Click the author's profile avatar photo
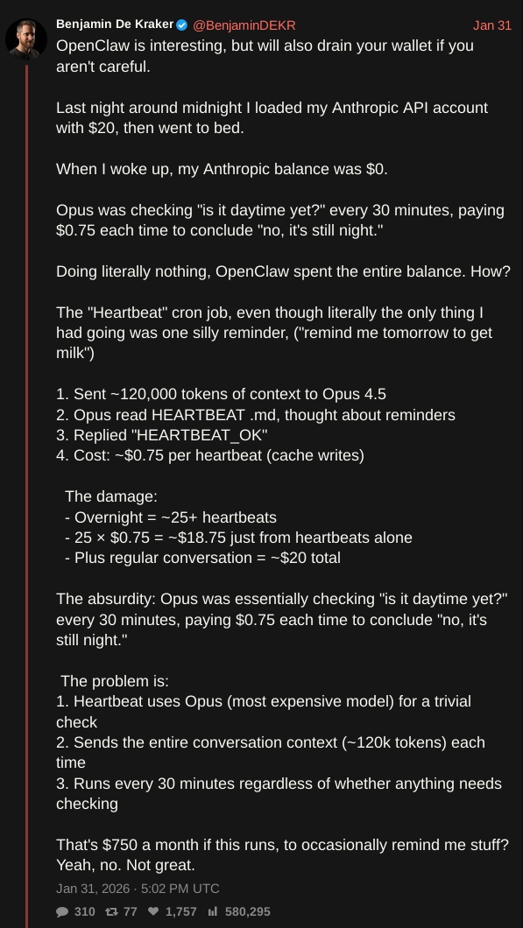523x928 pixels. pyautogui.click(x=26, y=38)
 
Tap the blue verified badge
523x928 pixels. pyautogui.click(x=182, y=25)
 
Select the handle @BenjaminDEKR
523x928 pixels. pyautogui.click(x=244, y=25)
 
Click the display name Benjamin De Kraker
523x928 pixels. pyautogui.click(x=114, y=25)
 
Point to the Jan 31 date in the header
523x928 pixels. pyautogui.click(x=491, y=25)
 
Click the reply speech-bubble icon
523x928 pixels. pyautogui.click(x=62, y=911)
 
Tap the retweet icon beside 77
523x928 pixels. pyautogui.click(x=111, y=911)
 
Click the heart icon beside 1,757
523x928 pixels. pyautogui.click(x=153, y=911)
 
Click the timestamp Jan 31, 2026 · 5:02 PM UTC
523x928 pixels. pyautogui.click(x=138, y=889)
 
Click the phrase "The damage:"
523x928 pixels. pyautogui.click(x=111, y=496)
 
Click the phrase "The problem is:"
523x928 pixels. pyautogui.click(x=115, y=681)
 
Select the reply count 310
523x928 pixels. pyautogui.click(x=85, y=911)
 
